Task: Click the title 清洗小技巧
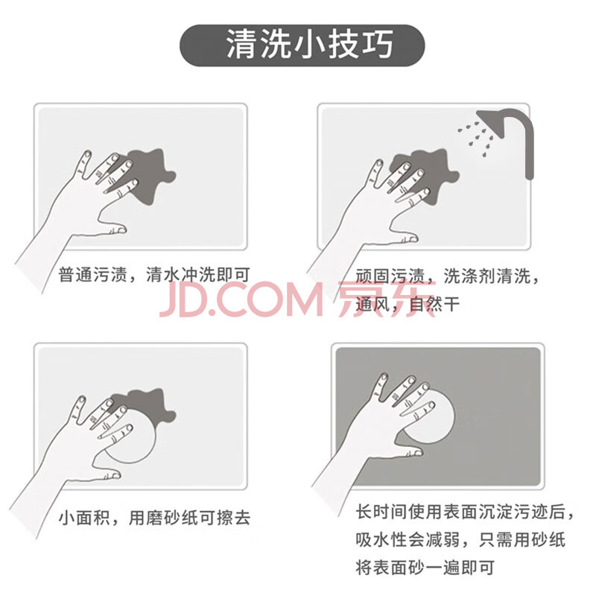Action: [309, 45]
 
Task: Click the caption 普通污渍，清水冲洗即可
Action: [154, 274]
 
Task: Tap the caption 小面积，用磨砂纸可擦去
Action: [154, 517]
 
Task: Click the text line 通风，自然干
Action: [408, 304]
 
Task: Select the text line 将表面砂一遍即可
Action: [425, 568]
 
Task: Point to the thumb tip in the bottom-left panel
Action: [116, 475]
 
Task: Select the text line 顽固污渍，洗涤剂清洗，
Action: [448, 276]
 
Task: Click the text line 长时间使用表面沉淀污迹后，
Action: [464, 512]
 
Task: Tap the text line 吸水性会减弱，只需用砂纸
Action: [460, 539]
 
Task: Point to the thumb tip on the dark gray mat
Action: [418, 452]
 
